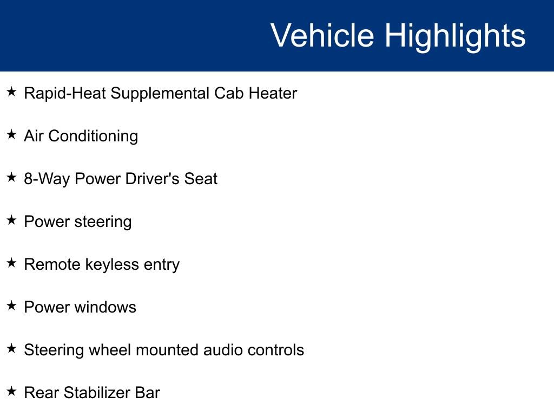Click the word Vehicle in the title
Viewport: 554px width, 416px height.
click(x=322, y=36)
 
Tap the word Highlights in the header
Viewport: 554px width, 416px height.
click(x=455, y=36)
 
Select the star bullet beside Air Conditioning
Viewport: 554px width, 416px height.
click(x=12, y=135)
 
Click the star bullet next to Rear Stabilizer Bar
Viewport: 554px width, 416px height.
click(x=12, y=392)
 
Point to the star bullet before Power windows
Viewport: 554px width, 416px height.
click(x=12, y=306)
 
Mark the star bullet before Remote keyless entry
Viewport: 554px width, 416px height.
click(x=12, y=263)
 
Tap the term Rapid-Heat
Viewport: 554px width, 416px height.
click(x=65, y=93)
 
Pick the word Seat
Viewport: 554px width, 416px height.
click(x=201, y=179)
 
